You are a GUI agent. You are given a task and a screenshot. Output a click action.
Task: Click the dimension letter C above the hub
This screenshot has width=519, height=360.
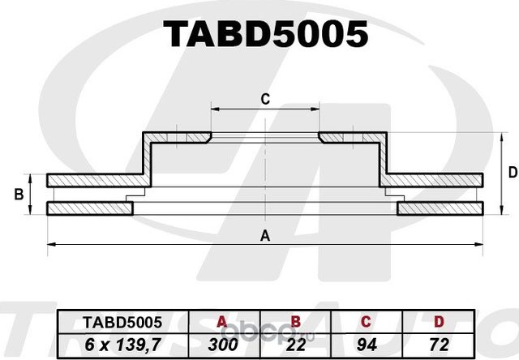coord(264,99)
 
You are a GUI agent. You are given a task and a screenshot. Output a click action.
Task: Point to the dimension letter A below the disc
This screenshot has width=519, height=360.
coord(264,236)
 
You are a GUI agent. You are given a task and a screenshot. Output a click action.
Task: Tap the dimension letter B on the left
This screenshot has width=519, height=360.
coord(18,195)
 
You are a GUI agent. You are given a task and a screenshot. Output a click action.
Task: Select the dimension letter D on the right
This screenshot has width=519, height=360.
coord(512,172)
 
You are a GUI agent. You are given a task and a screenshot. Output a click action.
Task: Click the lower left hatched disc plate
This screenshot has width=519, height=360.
coord(89,209)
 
